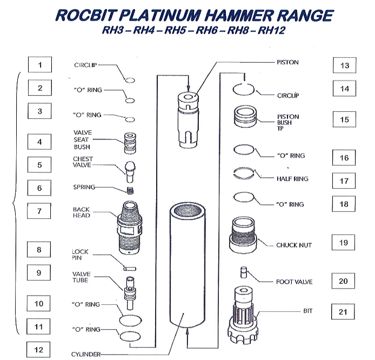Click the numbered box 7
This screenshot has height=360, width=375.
click(x=39, y=211)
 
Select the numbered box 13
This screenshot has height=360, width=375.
click(x=344, y=65)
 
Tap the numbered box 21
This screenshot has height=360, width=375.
click(x=343, y=312)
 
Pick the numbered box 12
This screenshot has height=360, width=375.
click(x=38, y=350)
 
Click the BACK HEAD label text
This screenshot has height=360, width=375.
click(x=82, y=212)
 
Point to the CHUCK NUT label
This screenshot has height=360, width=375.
click(x=294, y=245)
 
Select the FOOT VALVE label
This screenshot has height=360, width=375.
click(x=294, y=282)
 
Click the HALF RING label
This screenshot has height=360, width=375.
click(x=292, y=179)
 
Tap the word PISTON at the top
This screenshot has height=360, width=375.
click(x=287, y=62)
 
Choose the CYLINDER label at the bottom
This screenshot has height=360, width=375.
click(x=86, y=354)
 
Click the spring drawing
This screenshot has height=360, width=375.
click(x=130, y=191)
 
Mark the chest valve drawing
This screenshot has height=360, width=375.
click(x=130, y=171)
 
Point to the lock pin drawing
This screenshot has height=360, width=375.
click(x=130, y=269)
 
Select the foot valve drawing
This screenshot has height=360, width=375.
click(x=244, y=272)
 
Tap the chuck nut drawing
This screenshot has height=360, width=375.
click(x=243, y=235)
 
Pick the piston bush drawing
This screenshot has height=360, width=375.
click(x=245, y=117)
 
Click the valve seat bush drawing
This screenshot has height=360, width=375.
click(x=130, y=144)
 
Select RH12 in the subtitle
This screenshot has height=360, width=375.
click(x=272, y=30)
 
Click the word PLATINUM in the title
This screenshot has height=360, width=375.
click(x=159, y=15)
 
